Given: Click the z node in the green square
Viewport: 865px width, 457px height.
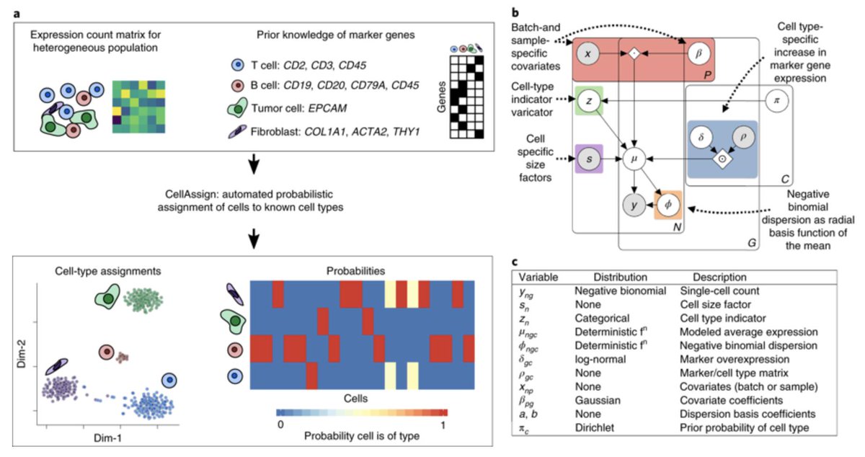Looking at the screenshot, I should tap(589, 102).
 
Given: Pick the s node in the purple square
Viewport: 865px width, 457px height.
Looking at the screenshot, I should tap(589, 157).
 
